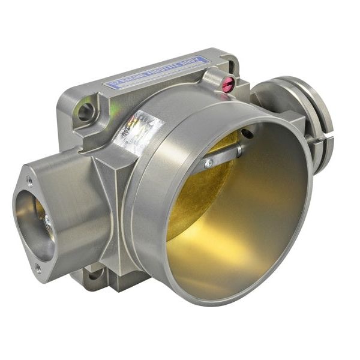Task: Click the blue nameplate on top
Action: click(157, 72)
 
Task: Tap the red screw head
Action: click(228, 85)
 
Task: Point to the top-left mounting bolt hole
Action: click(86, 111)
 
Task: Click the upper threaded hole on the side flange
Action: click(29, 181)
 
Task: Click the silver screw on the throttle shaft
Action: click(208, 163)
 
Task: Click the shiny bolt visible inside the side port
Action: click(47, 223)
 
